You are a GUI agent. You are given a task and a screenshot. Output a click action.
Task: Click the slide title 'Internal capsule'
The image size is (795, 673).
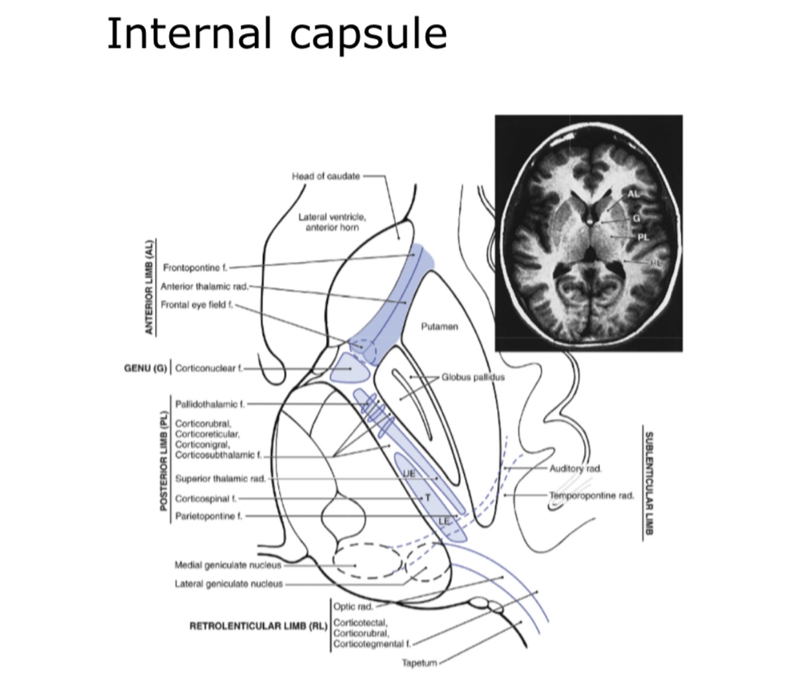[x=277, y=33]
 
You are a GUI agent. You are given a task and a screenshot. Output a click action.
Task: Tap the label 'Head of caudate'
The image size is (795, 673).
[x=325, y=176]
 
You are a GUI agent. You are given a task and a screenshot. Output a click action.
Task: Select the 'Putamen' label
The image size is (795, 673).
[x=439, y=326]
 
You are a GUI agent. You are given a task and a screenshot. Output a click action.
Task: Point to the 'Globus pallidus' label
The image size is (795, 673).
[x=473, y=377]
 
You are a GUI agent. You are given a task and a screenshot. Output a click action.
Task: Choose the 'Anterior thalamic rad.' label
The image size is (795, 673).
[x=204, y=286]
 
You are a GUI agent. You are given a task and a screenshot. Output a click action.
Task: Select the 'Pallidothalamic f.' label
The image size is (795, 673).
[x=210, y=404]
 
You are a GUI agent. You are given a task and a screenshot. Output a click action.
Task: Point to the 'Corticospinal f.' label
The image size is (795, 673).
[x=206, y=498]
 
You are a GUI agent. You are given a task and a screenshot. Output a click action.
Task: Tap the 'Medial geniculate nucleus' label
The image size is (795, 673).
[x=228, y=565]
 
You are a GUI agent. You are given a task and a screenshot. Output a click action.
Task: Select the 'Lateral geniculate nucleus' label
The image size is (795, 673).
[x=229, y=584]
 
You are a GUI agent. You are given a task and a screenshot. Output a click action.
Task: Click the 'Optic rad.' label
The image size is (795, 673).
[x=353, y=606]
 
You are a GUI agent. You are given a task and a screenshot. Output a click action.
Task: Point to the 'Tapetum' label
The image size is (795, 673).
[x=420, y=662]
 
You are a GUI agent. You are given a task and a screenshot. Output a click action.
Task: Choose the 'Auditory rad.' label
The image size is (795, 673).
[x=575, y=469]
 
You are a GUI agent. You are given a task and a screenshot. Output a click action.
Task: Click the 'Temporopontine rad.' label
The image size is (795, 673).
[x=592, y=495]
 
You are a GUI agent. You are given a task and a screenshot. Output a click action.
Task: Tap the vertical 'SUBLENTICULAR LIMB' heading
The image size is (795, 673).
[x=649, y=482]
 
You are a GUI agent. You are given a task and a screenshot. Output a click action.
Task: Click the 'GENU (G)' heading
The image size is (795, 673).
[x=145, y=368]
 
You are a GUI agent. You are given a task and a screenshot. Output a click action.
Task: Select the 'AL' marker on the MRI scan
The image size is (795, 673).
[x=633, y=194]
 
